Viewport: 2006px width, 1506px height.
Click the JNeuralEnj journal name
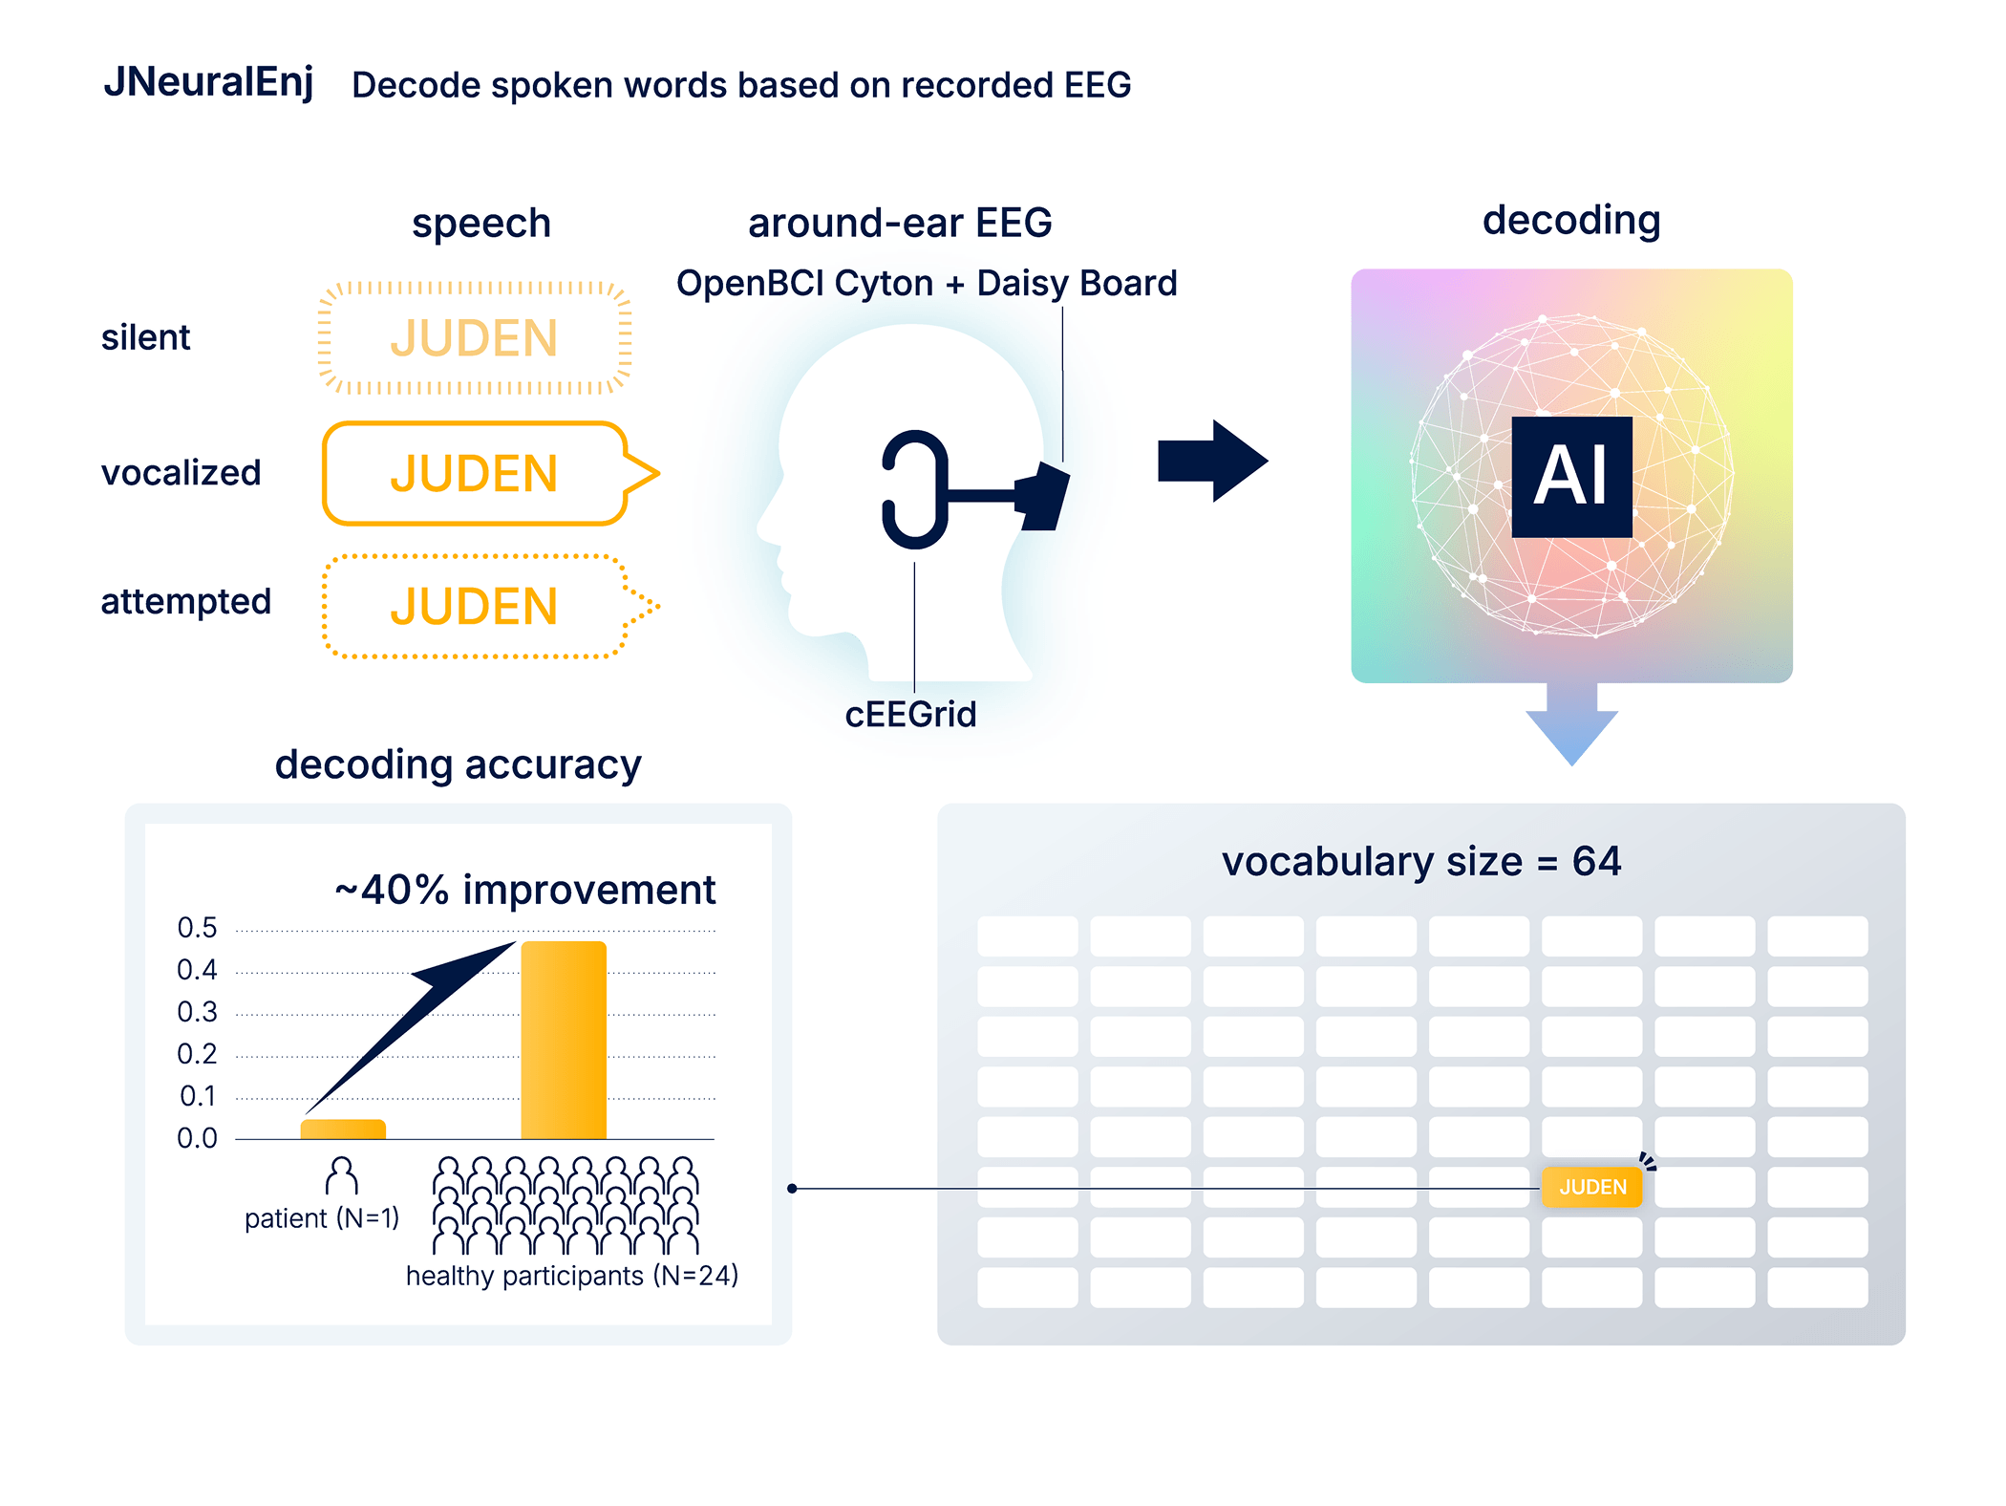(x=208, y=82)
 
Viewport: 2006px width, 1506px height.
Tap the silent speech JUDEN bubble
(x=474, y=338)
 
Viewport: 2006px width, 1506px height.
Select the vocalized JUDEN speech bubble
(x=474, y=474)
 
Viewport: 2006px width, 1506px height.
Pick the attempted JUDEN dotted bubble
(x=474, y=607)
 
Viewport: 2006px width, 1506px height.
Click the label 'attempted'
(x=186, y=602)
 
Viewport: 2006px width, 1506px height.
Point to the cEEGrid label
(x=910, y=715)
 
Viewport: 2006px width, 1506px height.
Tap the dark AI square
(x=1571, y=476)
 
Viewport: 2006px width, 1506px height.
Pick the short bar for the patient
(x=343, y=1129)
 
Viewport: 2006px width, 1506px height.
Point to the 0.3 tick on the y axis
(x=198, y=1012)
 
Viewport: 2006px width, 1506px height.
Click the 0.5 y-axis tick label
(x=198, y=928)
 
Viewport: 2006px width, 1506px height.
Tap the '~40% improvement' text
(x=524, y=890)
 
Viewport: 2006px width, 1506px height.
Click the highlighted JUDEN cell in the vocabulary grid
(x=1591, y=1187)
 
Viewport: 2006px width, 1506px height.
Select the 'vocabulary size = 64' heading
(x=1420, y=862)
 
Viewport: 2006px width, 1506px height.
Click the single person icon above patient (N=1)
(x=342, y=1176)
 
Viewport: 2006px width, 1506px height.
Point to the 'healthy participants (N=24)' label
(x=571, y=1276)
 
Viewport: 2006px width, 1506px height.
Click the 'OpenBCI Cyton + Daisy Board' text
(x=927, y=284)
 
